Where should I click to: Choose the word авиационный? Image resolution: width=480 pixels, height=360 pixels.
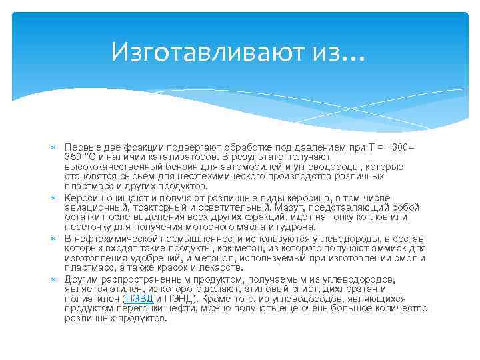pos(93,208)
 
